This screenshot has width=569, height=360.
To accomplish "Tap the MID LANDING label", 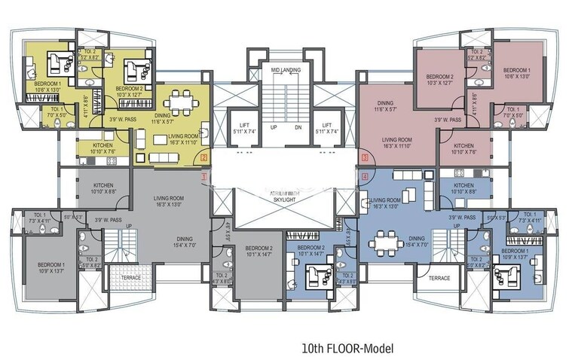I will pos(285,71).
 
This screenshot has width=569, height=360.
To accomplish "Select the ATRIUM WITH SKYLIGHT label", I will pos(284,195).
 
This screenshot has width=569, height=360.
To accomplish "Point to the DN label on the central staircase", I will pos(298,127).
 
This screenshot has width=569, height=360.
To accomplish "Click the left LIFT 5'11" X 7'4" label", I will pos(243,130).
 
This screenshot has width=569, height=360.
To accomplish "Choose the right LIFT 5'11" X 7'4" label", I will pos(326,130).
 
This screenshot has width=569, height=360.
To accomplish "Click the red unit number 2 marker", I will pos(203,157).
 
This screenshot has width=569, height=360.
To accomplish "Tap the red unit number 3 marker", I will pos(365,157).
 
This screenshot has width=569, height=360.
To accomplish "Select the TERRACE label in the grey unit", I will pos(131,278).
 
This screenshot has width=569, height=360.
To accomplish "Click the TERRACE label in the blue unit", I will pos(439,278).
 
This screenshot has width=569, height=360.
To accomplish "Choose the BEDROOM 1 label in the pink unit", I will pos(517,73).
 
